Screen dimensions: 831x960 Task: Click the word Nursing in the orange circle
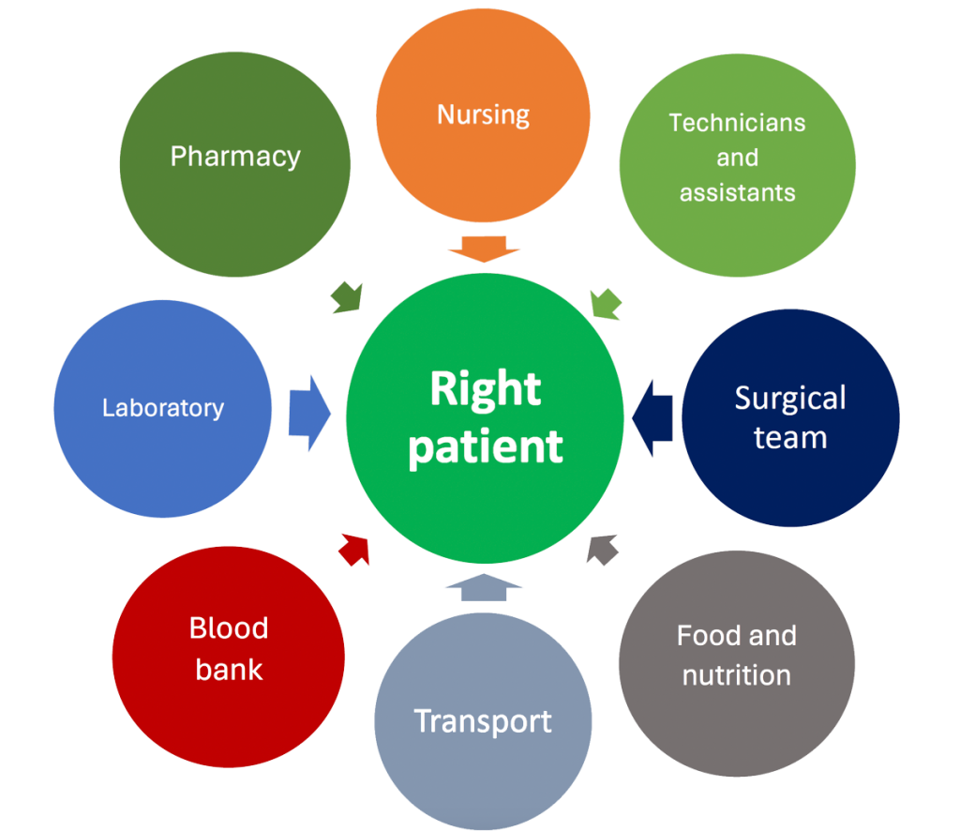pos(483,114)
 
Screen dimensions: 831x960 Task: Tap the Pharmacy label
pos(235,156)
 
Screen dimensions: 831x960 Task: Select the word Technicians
pos(737,122)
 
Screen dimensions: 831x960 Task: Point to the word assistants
pos(737,192)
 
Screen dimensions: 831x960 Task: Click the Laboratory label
pos(163,408)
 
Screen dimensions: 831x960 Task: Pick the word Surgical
pos(790,398)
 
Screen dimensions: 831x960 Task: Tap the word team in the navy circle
pos(790,437)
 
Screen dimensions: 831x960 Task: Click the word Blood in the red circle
pos(229,627)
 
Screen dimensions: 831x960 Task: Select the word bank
pos(229,669)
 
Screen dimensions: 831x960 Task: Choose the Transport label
pos(483,721)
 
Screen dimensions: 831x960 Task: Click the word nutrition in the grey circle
pos(736,675)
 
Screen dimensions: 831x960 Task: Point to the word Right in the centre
pos(486,388)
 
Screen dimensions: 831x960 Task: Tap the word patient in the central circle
pos(486,446)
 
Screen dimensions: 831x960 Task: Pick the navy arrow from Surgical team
pos(653,415)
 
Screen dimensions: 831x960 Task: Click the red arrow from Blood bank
pos(354,549)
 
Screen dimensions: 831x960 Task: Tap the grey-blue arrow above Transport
pos(483,587)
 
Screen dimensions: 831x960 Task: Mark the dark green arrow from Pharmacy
pos(347,296)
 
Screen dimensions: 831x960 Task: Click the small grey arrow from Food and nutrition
pos(601,549)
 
